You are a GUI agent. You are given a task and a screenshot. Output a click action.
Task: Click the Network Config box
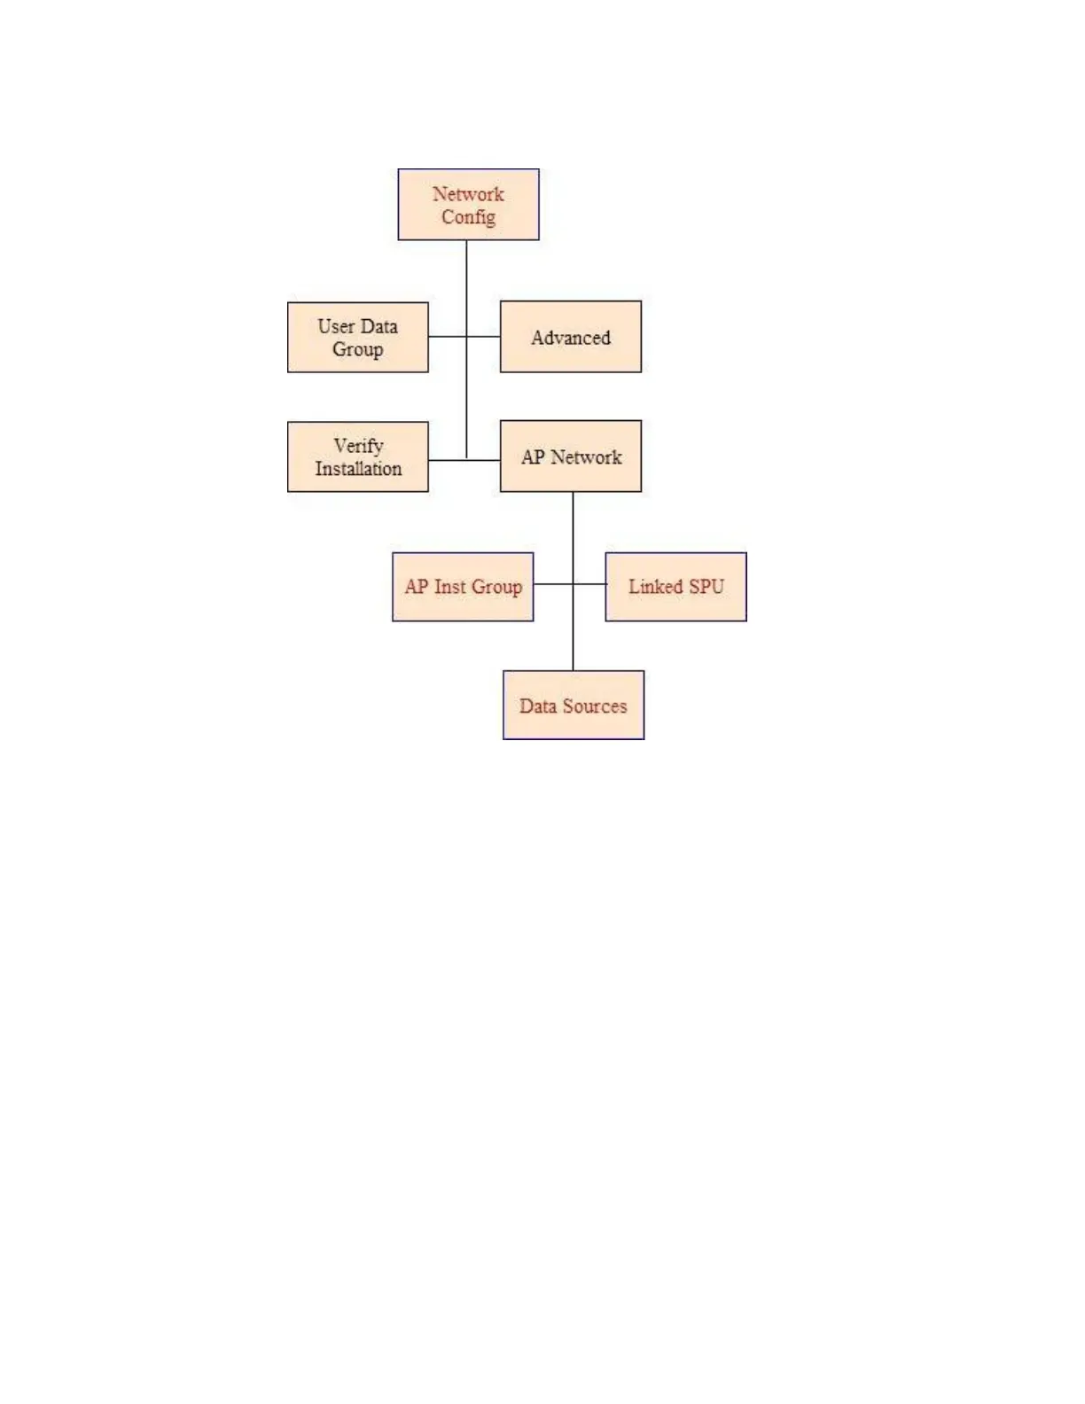[468, 205]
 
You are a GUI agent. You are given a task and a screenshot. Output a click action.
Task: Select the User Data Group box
[357, 338]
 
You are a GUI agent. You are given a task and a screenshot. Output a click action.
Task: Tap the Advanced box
[570, 337]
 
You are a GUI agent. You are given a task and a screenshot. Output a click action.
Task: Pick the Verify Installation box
[357, 457]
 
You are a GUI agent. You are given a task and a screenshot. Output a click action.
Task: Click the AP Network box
[570, 456]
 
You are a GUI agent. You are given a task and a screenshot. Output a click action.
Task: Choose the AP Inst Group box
[463, 587]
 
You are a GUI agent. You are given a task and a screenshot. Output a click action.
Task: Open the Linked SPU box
[675, 587]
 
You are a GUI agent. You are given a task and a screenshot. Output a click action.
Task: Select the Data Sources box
[573, 706]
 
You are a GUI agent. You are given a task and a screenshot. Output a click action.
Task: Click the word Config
[468, 217]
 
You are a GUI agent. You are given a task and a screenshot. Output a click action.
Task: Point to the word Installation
[358, 469]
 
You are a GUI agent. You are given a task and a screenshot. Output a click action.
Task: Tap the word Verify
[358, 446]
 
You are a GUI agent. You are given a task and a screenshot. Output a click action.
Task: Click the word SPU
[706, 587]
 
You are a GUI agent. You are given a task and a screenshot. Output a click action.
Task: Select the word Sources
[594, 706]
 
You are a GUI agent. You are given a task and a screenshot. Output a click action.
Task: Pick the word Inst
[449, 587]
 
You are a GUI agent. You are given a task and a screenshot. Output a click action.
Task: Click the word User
[336, 326]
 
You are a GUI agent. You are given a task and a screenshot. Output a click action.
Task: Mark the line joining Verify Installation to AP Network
[464, 460]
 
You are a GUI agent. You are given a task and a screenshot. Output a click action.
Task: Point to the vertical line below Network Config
[466, 284]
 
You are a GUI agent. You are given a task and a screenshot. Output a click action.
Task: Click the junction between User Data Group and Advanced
[466, 337]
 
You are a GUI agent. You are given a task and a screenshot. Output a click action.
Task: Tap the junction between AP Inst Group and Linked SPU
[573, 584]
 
